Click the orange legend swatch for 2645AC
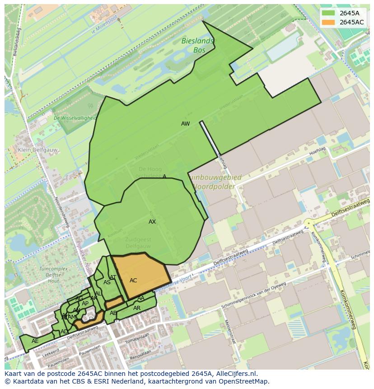(328, 22)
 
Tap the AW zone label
(185, 124)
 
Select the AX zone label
(152, 222)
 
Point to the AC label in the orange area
(133, 281)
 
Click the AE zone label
(35, 341)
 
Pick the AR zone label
(137, 308)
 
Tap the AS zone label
(107, 283)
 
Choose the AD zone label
(64, 332)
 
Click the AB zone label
(113, 313)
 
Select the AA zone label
(141, 298)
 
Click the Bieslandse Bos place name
(199, 46)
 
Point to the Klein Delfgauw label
(33, 150)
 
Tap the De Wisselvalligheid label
(75, 118)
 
